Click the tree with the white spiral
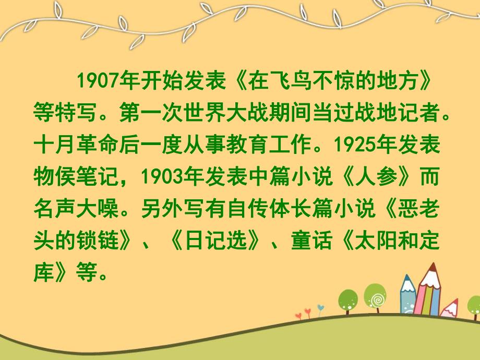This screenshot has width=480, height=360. (375, 297)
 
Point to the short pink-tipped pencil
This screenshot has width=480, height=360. (449, 308)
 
